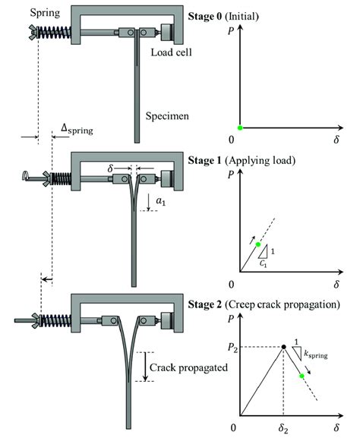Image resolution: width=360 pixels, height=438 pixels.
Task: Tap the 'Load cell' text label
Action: [x=172, y=53]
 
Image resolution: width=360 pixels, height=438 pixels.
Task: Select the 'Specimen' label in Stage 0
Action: [x=169, y=115]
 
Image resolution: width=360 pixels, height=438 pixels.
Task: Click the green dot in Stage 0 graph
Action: [x=240, y=127]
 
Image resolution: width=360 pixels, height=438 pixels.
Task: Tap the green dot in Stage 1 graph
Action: [x=257, y=244]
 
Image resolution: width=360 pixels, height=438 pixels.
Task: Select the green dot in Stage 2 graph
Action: [x=302, y=375]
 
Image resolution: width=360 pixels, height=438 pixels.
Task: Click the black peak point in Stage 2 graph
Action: [x=283, y=347]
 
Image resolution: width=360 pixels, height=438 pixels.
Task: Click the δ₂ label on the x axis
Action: [x=283, y=428]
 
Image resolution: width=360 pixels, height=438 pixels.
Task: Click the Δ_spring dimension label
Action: [x=77, y=130]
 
